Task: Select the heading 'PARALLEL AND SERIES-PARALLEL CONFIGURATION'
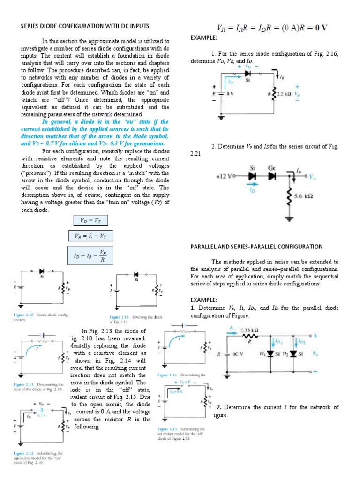256,246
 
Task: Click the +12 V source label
225,177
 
